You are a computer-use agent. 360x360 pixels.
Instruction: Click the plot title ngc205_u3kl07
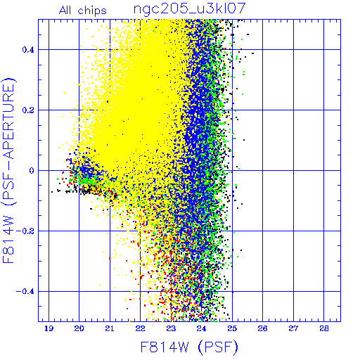tap(189, 9)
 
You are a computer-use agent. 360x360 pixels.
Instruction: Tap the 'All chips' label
tap(83, 11)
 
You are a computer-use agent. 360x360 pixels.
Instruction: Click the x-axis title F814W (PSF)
tap(189, 347)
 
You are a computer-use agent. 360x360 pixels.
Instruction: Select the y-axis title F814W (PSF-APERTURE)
tap(8, 170)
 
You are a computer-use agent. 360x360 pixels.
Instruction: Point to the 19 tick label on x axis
tap(49, 328)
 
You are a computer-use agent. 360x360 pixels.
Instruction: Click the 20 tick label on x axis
tap(79, 328)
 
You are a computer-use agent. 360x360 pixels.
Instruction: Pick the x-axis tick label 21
tap(110, 328)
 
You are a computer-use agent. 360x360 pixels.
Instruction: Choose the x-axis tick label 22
tap(140, 328)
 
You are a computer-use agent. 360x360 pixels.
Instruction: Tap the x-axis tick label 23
tap(171, 328)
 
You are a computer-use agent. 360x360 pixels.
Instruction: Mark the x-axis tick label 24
tap(201, 328)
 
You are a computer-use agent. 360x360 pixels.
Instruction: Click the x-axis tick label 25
tap(232, 328)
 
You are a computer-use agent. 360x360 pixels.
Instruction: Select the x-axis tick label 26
tap(262, 328)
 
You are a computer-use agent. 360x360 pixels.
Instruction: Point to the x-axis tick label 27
tap(293, 328)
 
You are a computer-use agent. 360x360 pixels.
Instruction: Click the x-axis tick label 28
tap(324, 328)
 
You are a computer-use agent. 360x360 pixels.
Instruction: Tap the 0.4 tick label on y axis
tap(28, 50)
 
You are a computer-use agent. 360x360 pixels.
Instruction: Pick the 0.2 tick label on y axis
tap(28, 110)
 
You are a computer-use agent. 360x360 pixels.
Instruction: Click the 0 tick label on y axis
tap(32, 171)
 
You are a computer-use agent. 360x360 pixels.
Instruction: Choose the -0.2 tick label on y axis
tap(25, 231)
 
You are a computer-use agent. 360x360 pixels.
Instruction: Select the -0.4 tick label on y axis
tap(25, 292)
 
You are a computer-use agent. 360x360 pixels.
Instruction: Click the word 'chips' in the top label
tap(92, 11)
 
